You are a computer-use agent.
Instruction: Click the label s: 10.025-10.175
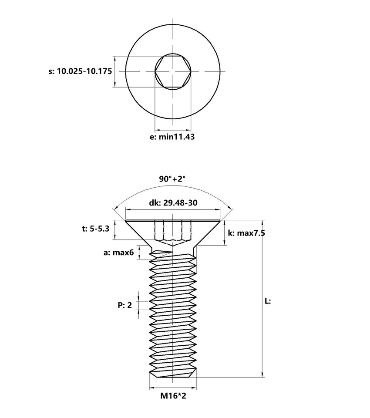coord(80,71)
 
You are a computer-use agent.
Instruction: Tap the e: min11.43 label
coord(172,137)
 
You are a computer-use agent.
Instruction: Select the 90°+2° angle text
coord(172,179)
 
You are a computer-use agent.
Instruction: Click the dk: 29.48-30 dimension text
coord(173,202)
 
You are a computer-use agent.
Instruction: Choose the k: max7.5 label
coord(247,233)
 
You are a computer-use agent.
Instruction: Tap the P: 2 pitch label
coord(124,305)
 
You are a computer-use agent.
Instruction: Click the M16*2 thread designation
coord(173,396)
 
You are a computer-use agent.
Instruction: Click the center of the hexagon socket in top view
coord(173,71)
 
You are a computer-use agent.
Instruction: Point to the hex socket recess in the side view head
coord(173,232)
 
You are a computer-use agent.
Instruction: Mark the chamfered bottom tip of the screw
coord(173,374)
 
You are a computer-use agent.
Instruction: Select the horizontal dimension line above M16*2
coord(173,387)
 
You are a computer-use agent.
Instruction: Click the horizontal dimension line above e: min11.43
coord(173,129)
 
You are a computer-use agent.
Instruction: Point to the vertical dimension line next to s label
coord(114,71)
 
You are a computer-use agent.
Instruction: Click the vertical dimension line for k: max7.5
coord(225,233)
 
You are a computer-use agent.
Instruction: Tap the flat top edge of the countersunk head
coord(173,220)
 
